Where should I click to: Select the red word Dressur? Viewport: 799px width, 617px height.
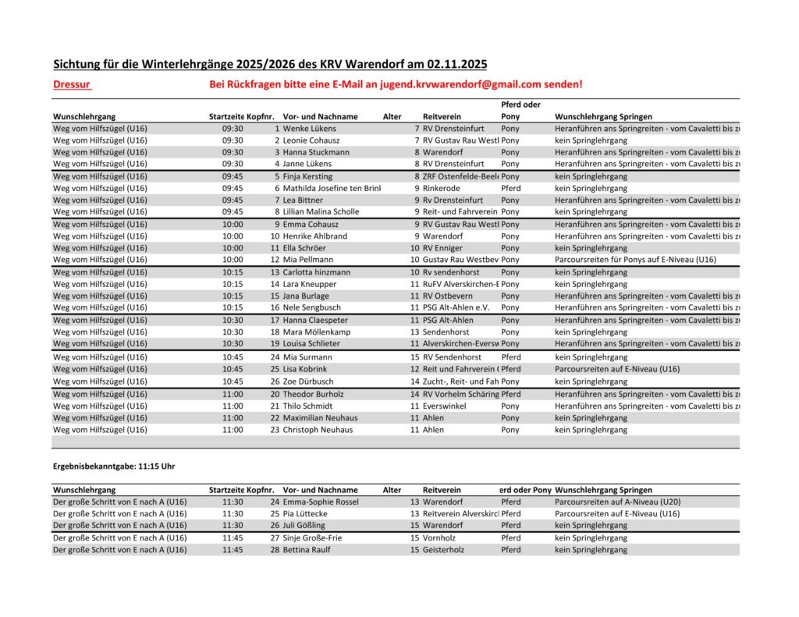(x=72, y=84)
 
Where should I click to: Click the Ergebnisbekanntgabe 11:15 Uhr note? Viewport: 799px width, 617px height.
(x=114, y=466)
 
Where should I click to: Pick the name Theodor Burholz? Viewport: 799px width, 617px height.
(x=313, y=394)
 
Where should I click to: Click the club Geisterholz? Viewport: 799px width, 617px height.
(x=446, y=550)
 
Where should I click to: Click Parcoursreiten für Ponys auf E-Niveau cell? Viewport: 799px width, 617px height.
(x=635, y=260)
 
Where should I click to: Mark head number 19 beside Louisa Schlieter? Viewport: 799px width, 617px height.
(x=275, y=343)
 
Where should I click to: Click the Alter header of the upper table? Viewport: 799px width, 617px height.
(x=392, y=117)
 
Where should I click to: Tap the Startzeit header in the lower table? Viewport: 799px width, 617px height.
(x=227, y=490)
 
